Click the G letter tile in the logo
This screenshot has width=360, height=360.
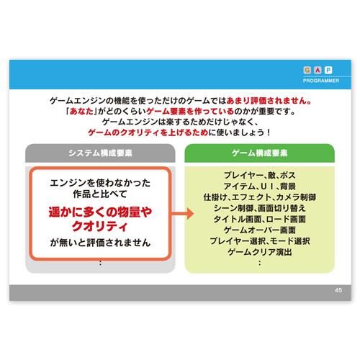[307, 70]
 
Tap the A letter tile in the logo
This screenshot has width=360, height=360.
[318, 70]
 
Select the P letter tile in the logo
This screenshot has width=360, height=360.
[328, 70]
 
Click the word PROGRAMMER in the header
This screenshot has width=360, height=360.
[321, 81]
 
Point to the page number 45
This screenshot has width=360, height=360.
[338, 290]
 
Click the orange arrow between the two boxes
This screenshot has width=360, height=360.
[183, 214]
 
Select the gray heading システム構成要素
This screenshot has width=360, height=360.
[100, 153]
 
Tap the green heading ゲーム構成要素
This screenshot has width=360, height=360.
[259, 153]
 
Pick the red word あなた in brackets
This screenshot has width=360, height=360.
[81, 112]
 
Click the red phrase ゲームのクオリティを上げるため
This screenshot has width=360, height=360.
[148, 132]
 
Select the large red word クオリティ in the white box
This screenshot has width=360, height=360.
[99, 226]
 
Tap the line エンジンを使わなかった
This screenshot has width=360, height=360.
[100, 183]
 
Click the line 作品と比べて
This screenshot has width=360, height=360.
[100, 194]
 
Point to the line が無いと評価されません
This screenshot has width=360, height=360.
[100, 243]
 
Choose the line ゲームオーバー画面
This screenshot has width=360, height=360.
[260, 230]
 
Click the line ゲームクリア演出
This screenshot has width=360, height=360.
[260, 252]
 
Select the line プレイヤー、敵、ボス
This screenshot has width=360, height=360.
[260, 175]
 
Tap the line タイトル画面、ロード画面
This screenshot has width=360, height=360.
[260, 219]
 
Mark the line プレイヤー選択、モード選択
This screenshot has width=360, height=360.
[260, 241]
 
